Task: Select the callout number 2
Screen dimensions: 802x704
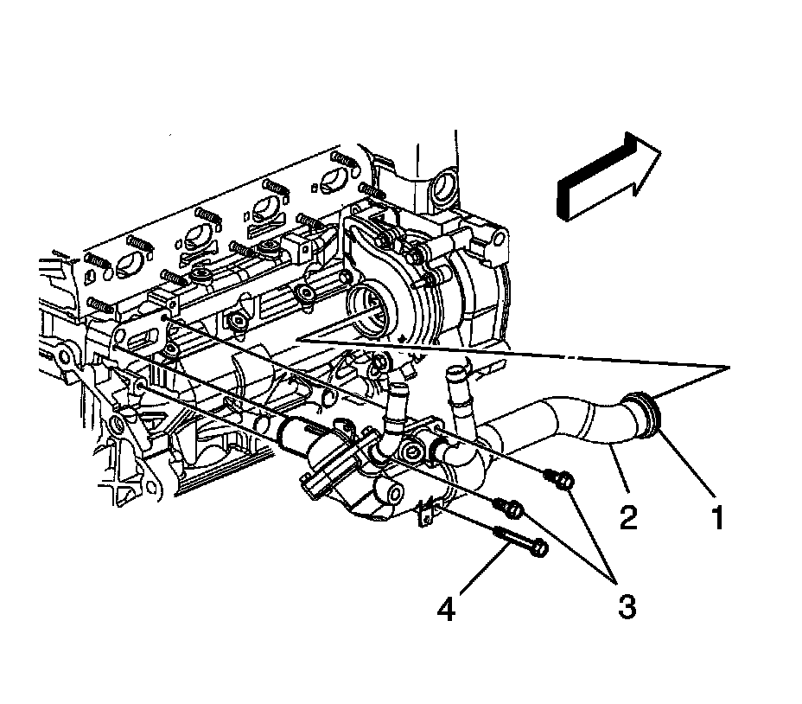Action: [628, 517]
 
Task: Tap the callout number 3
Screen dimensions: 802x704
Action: [627, 606]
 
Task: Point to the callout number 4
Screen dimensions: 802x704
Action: [446, 609]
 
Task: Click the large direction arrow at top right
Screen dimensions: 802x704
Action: [608, 177]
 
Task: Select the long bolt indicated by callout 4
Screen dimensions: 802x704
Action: [520, 541]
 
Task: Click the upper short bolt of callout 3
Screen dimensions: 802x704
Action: [559, 479]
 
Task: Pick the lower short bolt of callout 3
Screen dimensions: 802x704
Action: [508, 508]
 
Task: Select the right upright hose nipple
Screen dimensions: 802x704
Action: [458, 392]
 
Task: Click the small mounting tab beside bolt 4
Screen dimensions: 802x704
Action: [429, 511]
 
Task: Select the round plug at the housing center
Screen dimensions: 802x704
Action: [411, 451]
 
